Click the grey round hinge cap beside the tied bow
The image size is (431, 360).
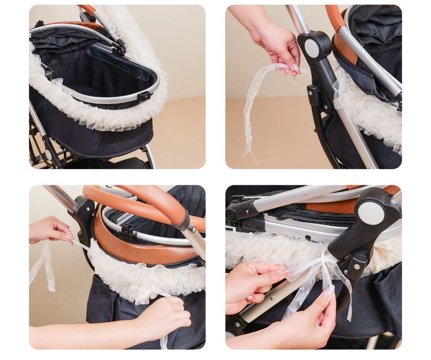tap(371, 212)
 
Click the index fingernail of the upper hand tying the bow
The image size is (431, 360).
tap(283, 272)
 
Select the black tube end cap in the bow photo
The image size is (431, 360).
tap(233, 212)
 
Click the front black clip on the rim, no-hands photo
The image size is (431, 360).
tap(144, 96)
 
